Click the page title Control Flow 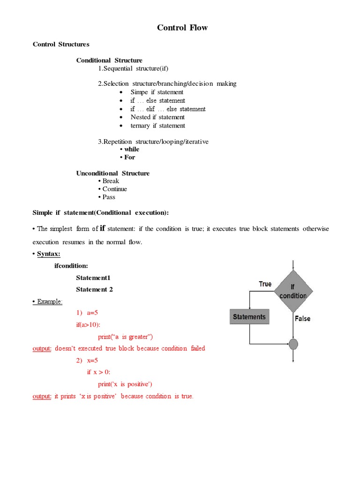coord(182,28)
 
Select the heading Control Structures coord(61,45)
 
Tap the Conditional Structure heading coord(109,60)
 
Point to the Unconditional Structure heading coord(113,173)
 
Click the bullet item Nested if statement coord(157,117)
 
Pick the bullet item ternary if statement coord(157,126)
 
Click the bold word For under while coord(129,157)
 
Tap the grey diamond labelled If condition coord(293,291)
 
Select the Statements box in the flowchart coord(249,317)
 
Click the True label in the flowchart coord(265,284)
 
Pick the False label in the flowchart coord(302,319)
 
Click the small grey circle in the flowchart coord(293,345)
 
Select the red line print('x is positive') coord(125,384)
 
